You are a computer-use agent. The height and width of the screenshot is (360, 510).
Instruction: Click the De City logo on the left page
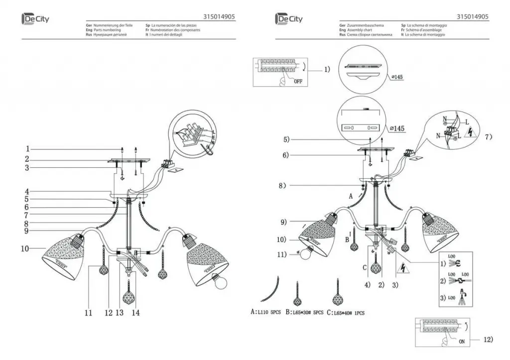pos(35,19)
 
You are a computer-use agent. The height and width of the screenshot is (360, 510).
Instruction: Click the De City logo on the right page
pos(288,19)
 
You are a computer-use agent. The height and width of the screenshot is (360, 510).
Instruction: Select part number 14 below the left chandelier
pos(135,313)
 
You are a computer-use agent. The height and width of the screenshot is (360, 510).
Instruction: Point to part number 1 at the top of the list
pos(28,149)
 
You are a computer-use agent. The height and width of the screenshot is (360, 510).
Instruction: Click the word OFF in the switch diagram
pos(297,82)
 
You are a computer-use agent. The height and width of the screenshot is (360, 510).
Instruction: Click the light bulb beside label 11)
pos(304,253)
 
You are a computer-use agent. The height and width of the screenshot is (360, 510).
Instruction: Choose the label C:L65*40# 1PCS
pos(346,313)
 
